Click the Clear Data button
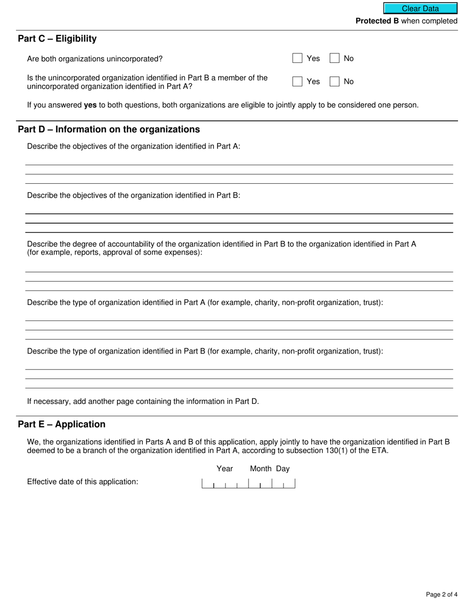(x=420, y=8)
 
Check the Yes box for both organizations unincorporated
(x=297, y=58)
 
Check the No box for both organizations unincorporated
(x=335, y=58)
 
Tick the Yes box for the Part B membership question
(x=297, y=81)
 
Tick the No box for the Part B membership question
(x=335, y=81)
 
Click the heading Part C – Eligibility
(x=57, y=39)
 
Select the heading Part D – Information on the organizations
(x=109, y=129)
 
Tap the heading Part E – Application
(x=62, y=424)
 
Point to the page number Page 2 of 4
(x=442, y=594)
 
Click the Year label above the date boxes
(x=225, y=469)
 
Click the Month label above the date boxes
(x=260, y=469)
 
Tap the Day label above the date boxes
(x=283, y=469)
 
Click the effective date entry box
(x=248, y=483)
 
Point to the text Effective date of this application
(x=82, y=482)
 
